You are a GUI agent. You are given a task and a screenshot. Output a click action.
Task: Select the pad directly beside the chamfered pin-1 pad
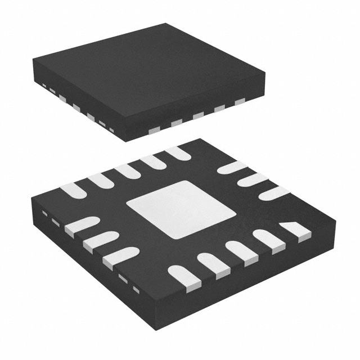click(x=268, y=238)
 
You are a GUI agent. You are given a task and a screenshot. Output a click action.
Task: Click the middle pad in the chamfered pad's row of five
click(x=241, y=249)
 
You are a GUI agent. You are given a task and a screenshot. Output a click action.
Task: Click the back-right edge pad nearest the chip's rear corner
click(x=232, y=167)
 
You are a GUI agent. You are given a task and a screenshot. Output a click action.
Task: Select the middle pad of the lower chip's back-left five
click(x=127, y=171)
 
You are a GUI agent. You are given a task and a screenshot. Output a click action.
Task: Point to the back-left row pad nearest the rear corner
click(x=178, y=152)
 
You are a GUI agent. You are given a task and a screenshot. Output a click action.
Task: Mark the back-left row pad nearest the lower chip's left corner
click(x=73, y=190)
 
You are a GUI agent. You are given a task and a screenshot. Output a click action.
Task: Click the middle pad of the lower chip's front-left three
click(x=100, y=241)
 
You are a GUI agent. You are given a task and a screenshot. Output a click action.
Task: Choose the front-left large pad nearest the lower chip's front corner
click(x=120, y=256)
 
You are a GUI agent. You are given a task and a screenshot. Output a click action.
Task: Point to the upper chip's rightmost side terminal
click(x=240, y=102)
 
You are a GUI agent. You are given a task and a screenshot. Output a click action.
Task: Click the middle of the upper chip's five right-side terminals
click(x=197, y=115)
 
